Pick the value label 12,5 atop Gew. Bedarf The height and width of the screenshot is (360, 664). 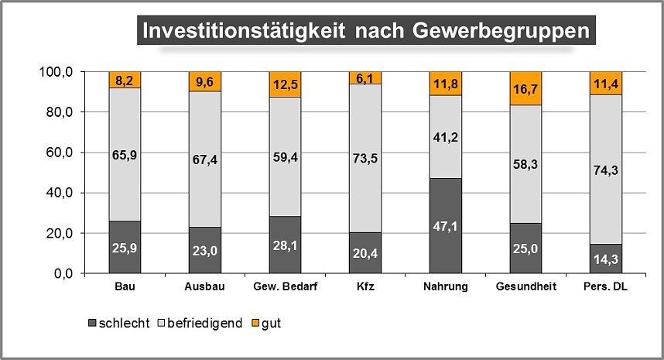[286, 84]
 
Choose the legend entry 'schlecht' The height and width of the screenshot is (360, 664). [119, 323]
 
